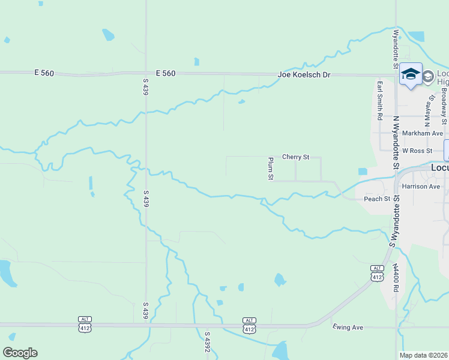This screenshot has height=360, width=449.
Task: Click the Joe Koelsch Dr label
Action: point(304,75)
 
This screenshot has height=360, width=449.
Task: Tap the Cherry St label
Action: point(295,157)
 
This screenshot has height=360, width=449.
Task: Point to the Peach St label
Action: point(377,199)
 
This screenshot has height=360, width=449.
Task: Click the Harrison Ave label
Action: point(422,187)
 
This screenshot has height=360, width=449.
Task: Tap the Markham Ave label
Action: point(423,133)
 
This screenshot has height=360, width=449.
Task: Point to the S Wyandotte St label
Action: point(394,226)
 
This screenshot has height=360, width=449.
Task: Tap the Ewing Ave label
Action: point(348,327)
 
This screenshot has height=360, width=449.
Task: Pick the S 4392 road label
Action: point(208,342)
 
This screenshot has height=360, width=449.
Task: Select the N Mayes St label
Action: point(431,104)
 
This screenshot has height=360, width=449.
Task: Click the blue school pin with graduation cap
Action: point(411,74)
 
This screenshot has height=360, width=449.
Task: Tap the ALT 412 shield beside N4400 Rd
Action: point(377,273)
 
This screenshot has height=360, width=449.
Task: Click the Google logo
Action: point(20,353)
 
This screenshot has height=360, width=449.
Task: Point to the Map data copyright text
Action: point(424,355)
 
